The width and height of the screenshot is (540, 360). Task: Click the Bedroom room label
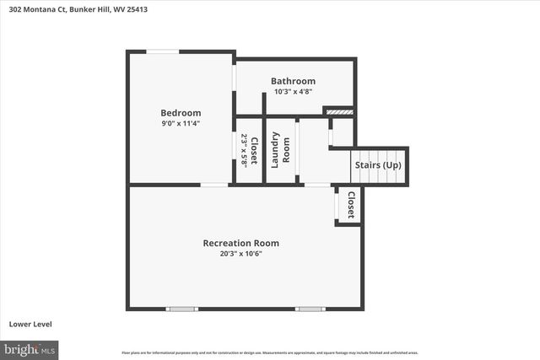(x=181, y=112)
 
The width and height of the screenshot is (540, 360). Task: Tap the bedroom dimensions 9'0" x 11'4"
(x=181, y=123)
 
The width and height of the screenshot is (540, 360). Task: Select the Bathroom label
(x=293, y=81)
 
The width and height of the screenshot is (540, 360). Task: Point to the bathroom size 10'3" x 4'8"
(x=293, y=91)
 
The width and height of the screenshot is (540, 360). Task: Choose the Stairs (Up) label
(x=381, y=165)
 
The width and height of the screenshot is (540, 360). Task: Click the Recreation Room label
(x=240, y=243)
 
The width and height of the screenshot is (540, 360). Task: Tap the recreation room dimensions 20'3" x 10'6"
(x=240, y=254)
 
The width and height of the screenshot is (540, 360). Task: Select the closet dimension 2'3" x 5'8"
(x=244, y=151)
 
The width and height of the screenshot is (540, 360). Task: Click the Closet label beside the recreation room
(x=351, y=204)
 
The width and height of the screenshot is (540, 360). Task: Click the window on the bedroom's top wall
(x=163, y=51)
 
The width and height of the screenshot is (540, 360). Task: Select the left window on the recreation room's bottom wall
(x=181, y=309)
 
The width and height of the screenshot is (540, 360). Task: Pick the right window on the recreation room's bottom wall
(x=310, y=309)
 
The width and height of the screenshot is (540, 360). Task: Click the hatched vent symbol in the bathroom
(x=338, y=110)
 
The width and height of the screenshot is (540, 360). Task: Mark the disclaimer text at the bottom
(x=270, y=352)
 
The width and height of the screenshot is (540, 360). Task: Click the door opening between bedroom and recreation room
(x=214, y=185)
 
